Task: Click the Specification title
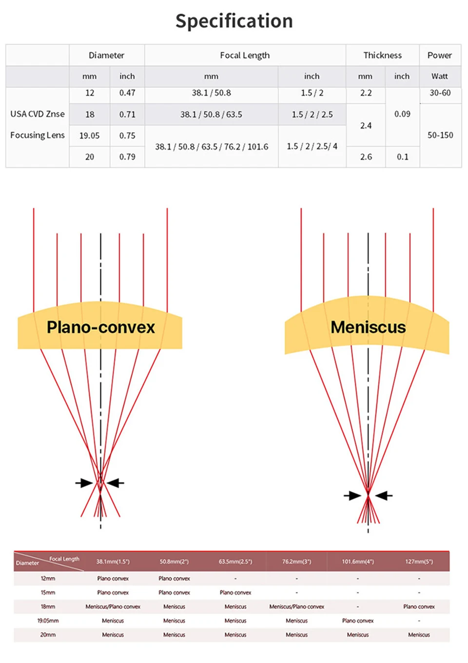tap(234, 21)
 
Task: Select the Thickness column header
tap(382, 55)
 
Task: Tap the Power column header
tap(439, 55)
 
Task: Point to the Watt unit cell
tap(439, 76)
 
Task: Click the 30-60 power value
tap(440, 93)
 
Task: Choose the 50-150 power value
tap(440, 135)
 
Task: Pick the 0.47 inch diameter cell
tap(127, 93)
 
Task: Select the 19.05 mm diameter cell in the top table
tap(89, 136)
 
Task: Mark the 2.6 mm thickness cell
tap(366, 156)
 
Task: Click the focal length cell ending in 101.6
tap(212, 146)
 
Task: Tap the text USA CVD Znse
tap(38, 114)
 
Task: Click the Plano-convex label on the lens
tap(100, 327)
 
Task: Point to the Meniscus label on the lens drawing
tap(368, 327)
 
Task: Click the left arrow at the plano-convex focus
tap(84, 483)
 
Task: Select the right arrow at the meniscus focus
tap(384, 496)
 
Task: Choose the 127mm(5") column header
tap(419, 561)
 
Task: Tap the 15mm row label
tap(48, 592)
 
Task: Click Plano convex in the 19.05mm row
tap(357, 621)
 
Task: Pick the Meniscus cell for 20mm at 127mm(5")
tap(419, 635)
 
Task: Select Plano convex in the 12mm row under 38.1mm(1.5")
tap(113, 578)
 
